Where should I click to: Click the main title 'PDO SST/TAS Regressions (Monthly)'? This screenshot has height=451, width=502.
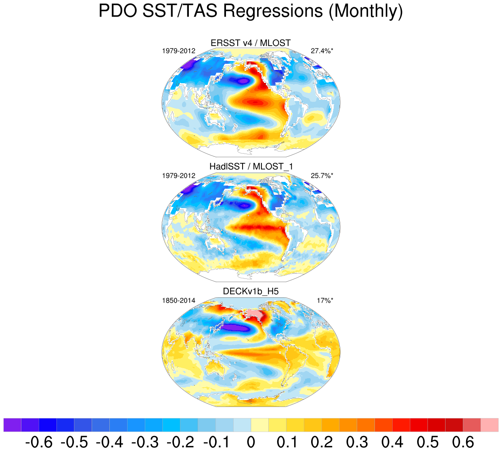tap(251, 11)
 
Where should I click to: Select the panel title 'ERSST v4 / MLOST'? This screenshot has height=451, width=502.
tap(251, 43)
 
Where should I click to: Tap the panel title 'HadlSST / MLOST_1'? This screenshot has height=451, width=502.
tap(251, 166)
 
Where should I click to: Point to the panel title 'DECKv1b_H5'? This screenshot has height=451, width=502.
tap(251, 291)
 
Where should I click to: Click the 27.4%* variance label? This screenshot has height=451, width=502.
tap(322, 51)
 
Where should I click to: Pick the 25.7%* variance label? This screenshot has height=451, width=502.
tap(322, 176)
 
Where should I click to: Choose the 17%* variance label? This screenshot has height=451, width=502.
tap(325, 301)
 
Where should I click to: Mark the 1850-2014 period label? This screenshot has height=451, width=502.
tap(179, 301)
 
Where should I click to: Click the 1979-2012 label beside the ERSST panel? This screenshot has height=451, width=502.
tap(179, 51)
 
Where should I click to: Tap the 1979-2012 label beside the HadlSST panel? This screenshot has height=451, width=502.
tap(179, 176)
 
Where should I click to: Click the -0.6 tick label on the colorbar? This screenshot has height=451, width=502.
tap(39, 443)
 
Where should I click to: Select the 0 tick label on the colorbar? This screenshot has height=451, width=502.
tap(251, 443)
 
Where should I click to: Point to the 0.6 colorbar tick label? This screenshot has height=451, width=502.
tap(463, 443)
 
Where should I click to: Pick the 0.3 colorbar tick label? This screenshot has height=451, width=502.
tap(357, 443)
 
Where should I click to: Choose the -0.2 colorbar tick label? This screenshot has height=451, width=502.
tap(180, 443)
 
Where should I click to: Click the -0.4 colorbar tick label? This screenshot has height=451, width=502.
tap(109, 443)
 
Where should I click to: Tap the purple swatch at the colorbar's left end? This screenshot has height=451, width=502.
tap(12, 425)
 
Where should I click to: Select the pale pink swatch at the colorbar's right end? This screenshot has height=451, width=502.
tap(489, 425)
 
